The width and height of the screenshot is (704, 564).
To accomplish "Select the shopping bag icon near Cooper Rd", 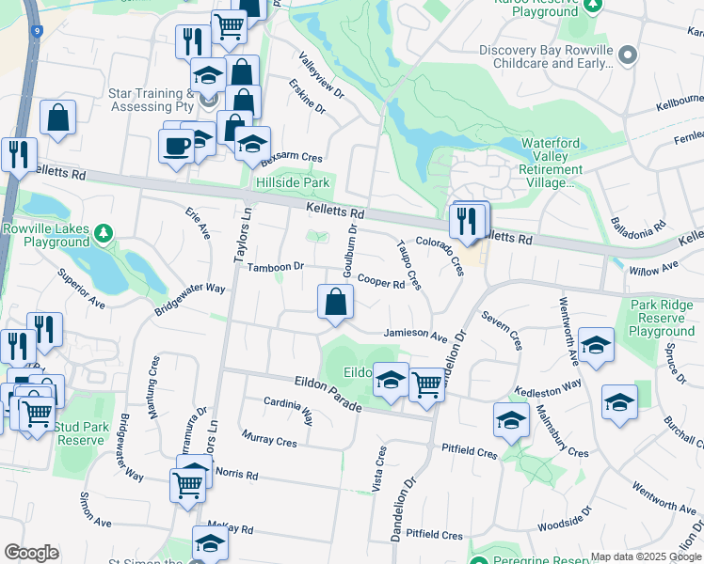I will coord(335,304).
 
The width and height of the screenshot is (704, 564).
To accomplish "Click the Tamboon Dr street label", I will coord(275,267).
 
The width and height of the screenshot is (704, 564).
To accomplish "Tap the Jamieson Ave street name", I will coord(415,335).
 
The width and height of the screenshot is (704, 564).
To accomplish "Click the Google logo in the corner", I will coord(32,553).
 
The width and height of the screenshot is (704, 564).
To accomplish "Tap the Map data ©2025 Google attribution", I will coord(646,556).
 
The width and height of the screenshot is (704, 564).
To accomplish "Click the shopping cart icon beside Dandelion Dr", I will coord(427,384).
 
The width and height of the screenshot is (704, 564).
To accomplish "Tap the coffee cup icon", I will coord(176,146).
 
